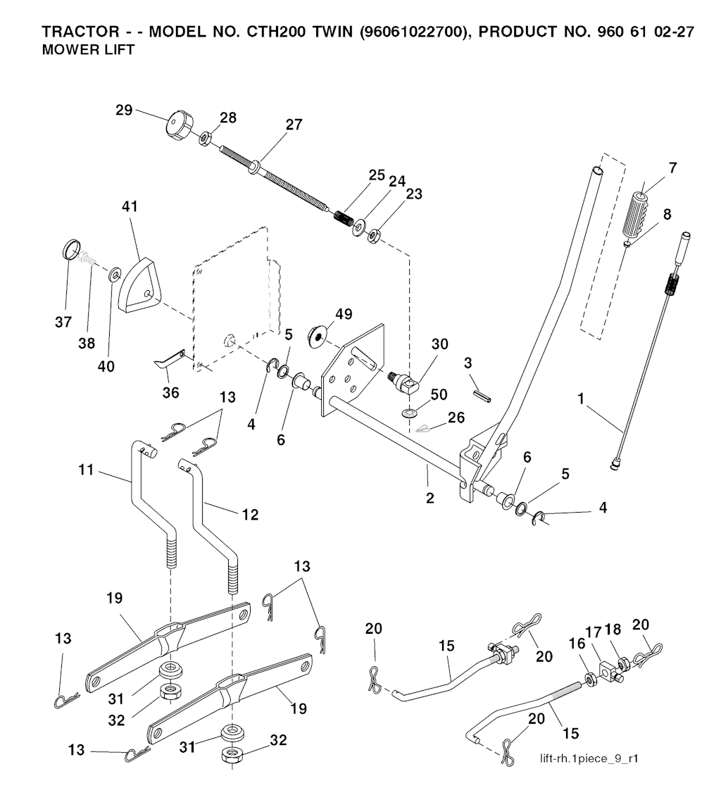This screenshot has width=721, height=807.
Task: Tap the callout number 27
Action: click(294, 125)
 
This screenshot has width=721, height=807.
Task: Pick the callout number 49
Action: click(344, 314)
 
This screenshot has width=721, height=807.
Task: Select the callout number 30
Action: click(439, 344)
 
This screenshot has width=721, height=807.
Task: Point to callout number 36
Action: click(171, 392)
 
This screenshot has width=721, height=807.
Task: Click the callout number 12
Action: click(250, 515)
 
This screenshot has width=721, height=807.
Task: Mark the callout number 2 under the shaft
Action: click(430, 498)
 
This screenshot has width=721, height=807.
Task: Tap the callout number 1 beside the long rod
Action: click(582, 399)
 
